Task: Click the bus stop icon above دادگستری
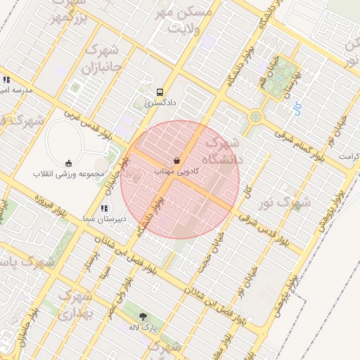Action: [160, 91]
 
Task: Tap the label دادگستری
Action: [160, 103]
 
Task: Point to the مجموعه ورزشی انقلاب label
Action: [68, 173]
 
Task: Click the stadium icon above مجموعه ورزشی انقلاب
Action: [68, 162]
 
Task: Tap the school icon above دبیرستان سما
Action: [105, 208]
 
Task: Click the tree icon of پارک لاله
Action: [144, 317]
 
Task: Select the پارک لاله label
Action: [145, 328]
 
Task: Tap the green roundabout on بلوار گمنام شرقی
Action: [255, 116]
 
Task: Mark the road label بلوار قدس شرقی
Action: [264, 229]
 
